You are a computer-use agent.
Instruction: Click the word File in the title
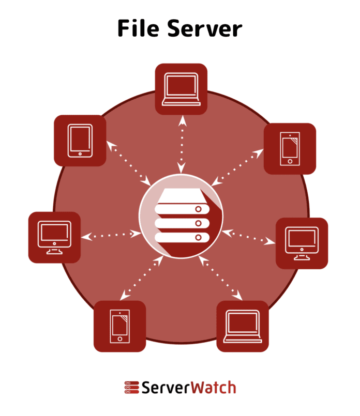pos(138,28)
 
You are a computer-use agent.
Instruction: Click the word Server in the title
pos(205,28)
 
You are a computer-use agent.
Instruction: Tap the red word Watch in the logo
pos(214,388)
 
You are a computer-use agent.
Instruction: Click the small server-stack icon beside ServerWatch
pos(132,388)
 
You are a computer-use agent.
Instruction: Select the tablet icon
pos(80,141)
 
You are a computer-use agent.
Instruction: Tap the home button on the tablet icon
pos(80,154)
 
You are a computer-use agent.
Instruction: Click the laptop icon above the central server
pos(181,89)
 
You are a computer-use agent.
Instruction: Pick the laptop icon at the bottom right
pos(243,326)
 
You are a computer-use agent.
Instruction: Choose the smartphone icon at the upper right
pos(290,149)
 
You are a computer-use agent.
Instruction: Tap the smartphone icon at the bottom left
pos(119,326)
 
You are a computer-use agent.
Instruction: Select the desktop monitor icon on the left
pos(54,237)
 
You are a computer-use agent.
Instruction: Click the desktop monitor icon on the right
pos(302,243)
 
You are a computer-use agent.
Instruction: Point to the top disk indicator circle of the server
pos(198,209)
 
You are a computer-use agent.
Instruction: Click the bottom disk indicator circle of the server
pos(198,237)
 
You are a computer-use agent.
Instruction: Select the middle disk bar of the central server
pos(182,223)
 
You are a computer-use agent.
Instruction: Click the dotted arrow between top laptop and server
pos(182,144)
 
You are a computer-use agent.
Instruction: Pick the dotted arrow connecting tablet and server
pos(129,163)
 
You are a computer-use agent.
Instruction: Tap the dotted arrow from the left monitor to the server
pos(111,235)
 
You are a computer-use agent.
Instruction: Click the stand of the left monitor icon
pos(54,251)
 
